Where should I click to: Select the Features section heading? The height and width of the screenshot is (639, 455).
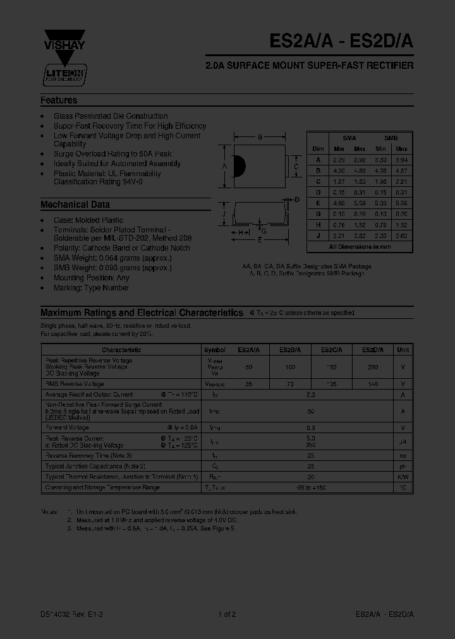click(59, 100)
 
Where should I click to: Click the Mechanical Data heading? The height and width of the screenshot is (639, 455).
click(75, 205)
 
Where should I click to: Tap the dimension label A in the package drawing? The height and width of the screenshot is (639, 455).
click(224, 166)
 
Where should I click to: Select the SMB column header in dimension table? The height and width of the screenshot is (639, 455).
click(391, 138)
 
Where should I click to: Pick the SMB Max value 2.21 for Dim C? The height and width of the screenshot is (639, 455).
click(401, 181)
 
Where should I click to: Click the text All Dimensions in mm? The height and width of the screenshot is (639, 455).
click(360, 247)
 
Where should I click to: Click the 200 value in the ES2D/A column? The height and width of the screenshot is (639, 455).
click(372, 367)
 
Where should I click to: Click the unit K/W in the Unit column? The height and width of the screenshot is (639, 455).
click(403, 477)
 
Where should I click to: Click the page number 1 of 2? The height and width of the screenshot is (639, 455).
click(227, 614)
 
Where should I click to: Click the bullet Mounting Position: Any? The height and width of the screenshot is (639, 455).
click(92, 278)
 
